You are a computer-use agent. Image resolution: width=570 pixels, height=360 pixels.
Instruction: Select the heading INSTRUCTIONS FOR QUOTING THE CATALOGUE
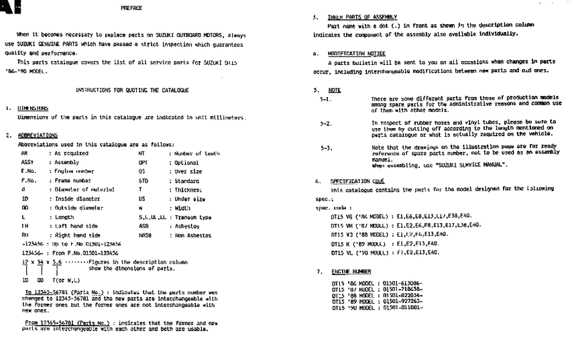point(131,89)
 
